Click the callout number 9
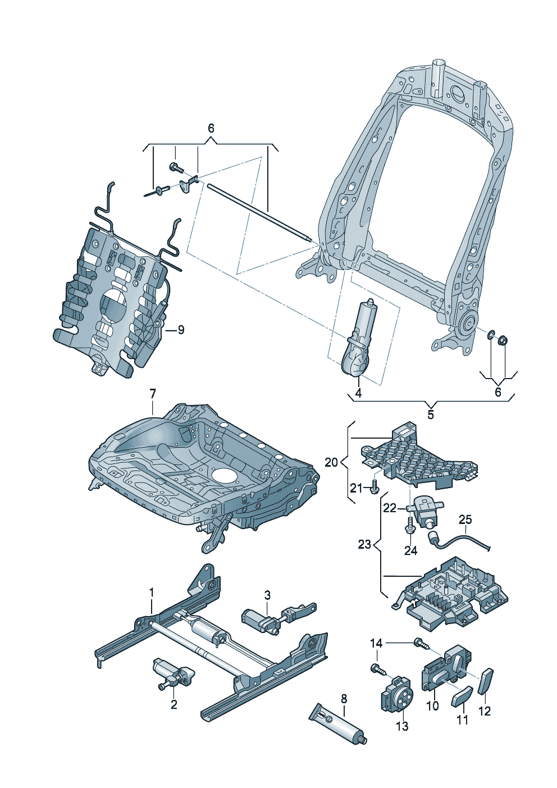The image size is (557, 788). [180, 330]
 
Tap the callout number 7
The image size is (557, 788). [153, 394]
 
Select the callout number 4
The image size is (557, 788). [358, 393]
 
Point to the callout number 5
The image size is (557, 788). [431, 415]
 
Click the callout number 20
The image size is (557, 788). [331, 462]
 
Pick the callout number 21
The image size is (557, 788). [356, 488]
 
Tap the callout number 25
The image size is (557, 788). [465, 520]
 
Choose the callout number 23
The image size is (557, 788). [364, 544]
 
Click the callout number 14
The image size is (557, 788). [376, 643]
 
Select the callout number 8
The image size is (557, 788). [344, 699]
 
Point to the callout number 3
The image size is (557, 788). [267, 595]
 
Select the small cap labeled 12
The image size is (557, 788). [486, 681]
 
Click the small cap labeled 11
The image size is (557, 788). [462, 696]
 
